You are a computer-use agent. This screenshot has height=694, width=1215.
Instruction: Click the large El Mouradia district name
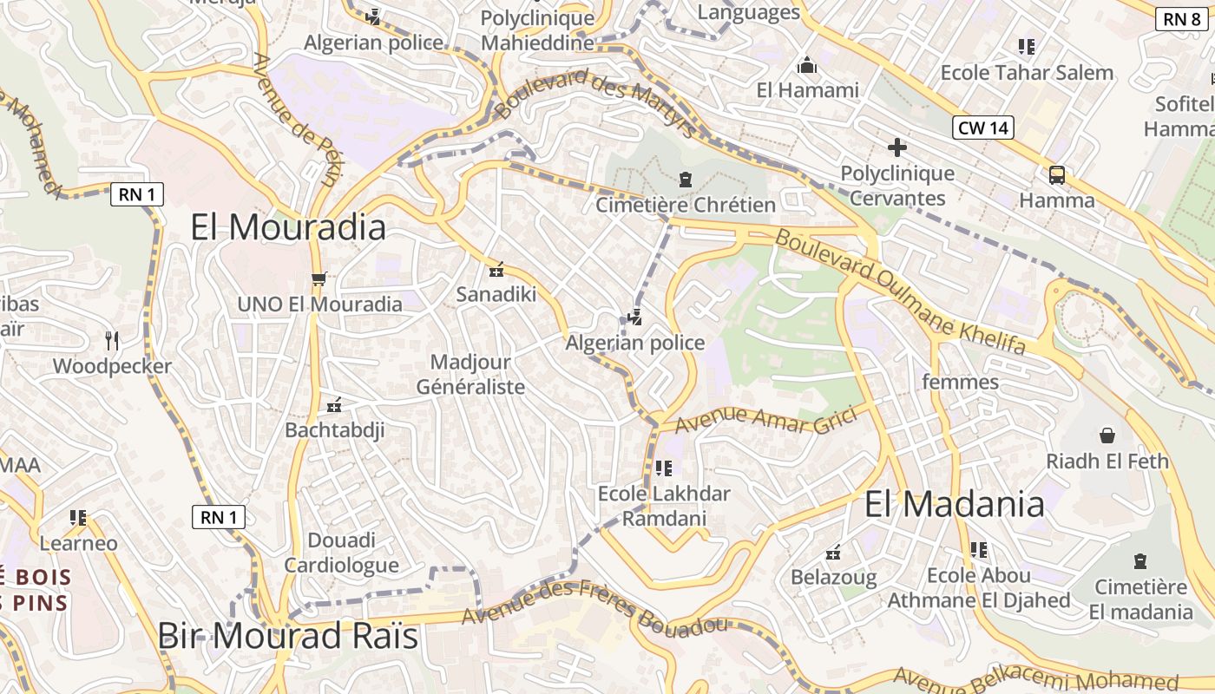288,227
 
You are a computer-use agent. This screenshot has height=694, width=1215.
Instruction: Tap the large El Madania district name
955,504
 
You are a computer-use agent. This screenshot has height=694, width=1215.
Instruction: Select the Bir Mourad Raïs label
288,636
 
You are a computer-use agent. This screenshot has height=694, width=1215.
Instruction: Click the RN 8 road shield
1182,19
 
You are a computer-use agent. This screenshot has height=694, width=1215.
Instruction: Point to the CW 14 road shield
983,128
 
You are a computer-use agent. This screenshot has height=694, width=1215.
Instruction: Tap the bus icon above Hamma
1057,175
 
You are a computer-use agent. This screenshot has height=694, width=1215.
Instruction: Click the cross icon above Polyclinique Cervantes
897,147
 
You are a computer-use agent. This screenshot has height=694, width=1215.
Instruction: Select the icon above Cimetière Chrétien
686,180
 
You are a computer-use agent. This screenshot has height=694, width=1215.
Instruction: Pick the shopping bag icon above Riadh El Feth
1107,435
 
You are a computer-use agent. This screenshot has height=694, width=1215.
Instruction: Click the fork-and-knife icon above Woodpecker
111,340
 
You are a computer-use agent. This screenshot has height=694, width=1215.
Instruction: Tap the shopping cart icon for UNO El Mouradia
319,279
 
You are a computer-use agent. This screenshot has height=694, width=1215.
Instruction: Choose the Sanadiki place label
496,294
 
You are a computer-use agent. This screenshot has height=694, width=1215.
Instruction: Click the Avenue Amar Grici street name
765,420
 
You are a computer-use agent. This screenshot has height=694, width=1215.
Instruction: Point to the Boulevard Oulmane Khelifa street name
901,291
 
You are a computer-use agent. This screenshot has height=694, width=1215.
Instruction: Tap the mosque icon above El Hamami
807,66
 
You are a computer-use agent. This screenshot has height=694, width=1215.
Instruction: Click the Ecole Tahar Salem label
1027,73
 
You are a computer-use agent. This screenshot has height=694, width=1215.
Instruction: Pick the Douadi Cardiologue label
342,553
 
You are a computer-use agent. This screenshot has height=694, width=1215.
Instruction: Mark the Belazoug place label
833,577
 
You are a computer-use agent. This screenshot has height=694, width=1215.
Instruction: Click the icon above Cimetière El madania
1140,561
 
